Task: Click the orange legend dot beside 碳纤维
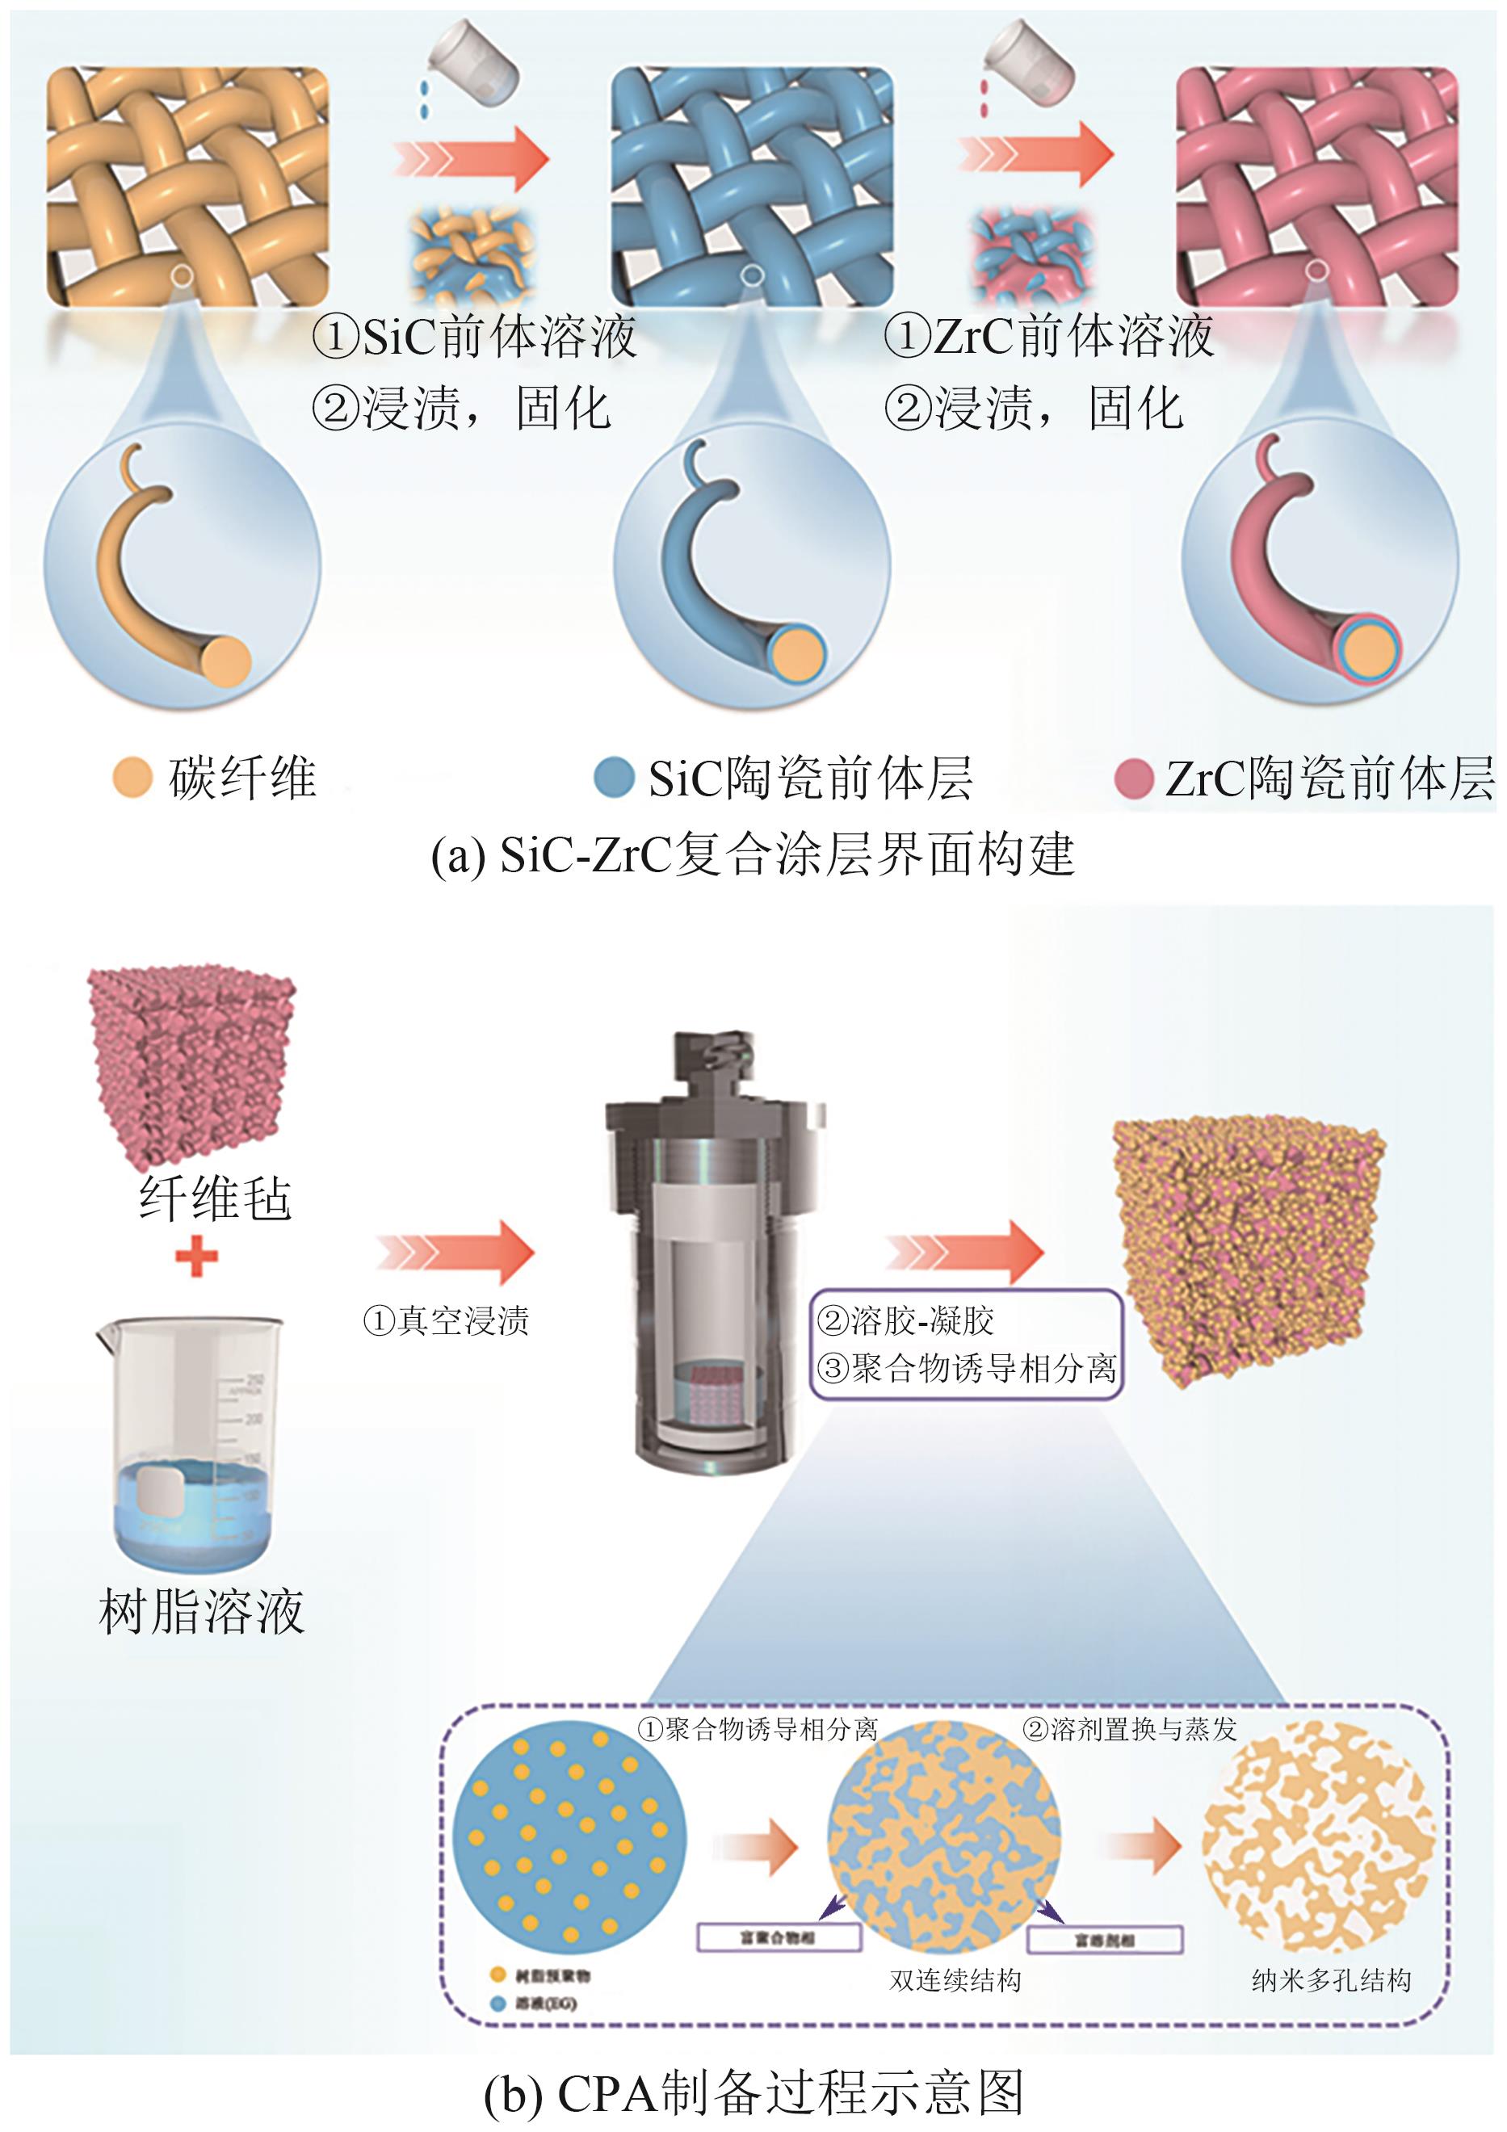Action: [132, 777]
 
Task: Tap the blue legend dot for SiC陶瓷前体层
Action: [613, 777]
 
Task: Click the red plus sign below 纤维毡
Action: [197, 1257]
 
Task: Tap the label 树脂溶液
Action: [201, 1612]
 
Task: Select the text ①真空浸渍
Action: [447, 1320]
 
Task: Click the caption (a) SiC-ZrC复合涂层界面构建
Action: [752, 854]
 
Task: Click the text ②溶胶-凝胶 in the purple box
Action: [905, 1320]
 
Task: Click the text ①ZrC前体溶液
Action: [1048, 336]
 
